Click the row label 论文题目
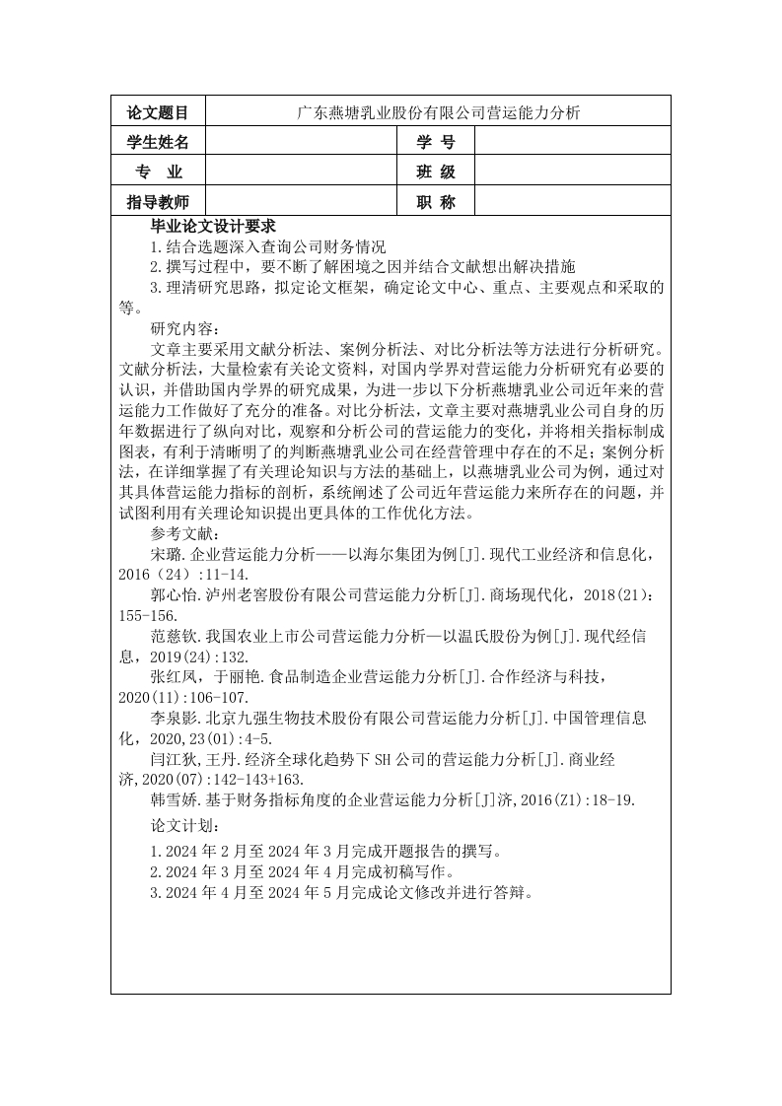pyautogui.click(x=158, y=113)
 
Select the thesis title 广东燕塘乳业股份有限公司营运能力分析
pyautogui.click(x=438, y=113)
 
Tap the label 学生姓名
pyautogui.click(x=158, y=144)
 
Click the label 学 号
pyautogui.click(x=436, y=144)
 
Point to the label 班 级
pyautogui.click(x=436, y=173)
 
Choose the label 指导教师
pyautogui.click(x=158, y=202)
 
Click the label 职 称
pyautogui.click(x=436, y=202)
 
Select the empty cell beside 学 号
pyautogui.click(x=571, y=144)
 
